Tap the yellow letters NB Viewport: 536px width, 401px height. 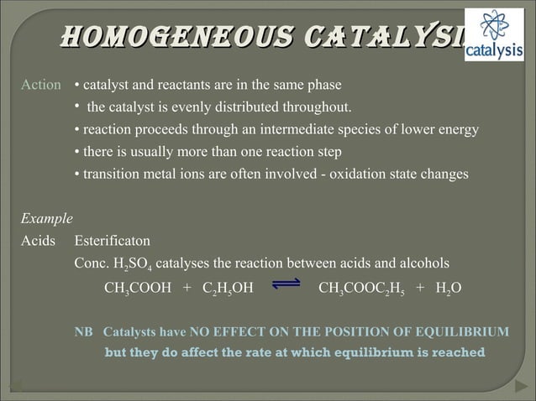[84, 331]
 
